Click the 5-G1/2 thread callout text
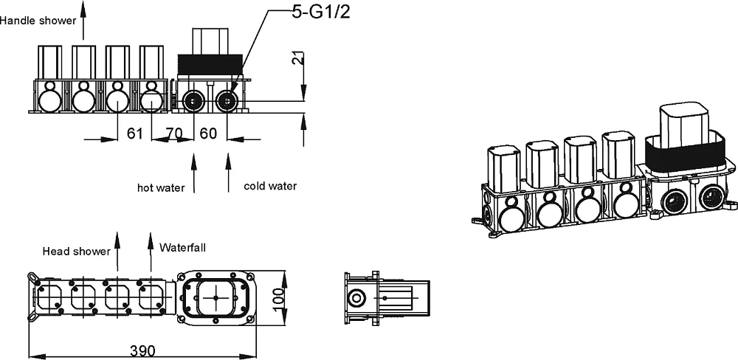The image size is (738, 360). tap(321, 12)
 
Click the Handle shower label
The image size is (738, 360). tap(38, 20)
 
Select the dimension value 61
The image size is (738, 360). tap(134, 134)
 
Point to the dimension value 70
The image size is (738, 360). tap(174, 134)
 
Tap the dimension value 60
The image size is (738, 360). tap(209, 134)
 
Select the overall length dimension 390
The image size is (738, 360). tap(142, 351)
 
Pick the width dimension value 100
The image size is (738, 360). tap(279, 298)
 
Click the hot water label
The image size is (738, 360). tap(161, 188)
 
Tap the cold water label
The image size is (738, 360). tap(270, 186)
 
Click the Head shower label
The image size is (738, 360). tap(76, 252)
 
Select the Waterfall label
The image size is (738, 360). tap(182, 247)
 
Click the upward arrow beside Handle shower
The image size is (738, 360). tap(83, 20)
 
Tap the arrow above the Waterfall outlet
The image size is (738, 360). tap(151, 252)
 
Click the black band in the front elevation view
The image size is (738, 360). tap(210, 64)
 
